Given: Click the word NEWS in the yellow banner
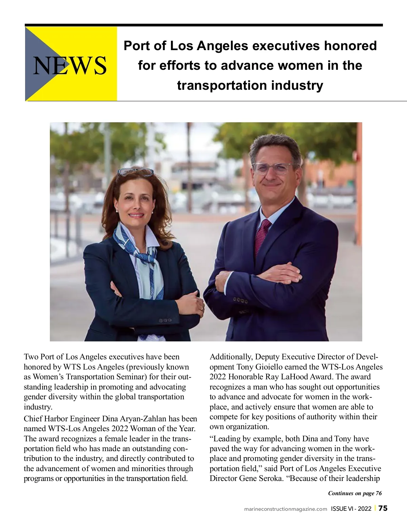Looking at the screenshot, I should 70,65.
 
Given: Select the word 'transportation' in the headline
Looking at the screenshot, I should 217,85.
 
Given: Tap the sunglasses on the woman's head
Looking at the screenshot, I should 135,172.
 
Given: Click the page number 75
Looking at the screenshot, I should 383,508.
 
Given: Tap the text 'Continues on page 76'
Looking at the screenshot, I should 355,493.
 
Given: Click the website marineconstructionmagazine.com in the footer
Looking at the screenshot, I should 286,509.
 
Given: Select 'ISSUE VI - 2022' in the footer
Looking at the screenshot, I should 351,508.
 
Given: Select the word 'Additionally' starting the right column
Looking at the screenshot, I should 231,357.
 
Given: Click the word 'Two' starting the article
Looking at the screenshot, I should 31,357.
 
